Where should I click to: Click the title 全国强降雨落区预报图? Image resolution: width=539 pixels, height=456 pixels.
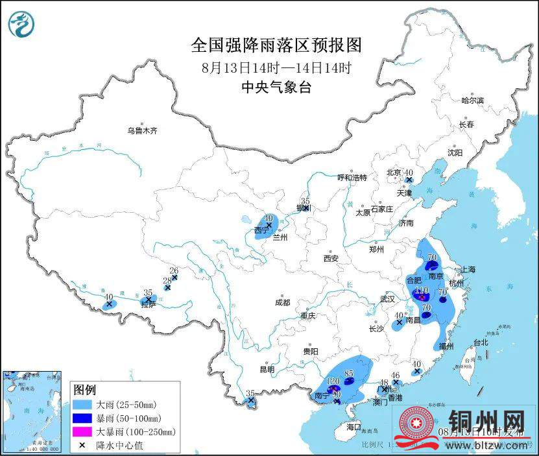[276, 45]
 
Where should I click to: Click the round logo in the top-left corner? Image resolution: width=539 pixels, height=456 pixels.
[21, 25]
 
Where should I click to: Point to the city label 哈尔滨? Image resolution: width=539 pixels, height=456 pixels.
[472, 101]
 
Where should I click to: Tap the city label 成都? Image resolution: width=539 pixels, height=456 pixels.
[282, 302]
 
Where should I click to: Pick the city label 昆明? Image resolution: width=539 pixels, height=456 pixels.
[267, 369]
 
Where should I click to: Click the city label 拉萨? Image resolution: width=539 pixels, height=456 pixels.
[149, 305]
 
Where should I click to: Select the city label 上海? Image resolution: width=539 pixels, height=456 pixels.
[468, 269]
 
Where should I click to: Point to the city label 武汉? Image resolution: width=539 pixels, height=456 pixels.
[388, 299]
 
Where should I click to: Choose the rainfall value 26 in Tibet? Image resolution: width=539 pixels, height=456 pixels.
[173, 270]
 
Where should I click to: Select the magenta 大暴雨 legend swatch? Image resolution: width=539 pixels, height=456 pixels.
[82, 431]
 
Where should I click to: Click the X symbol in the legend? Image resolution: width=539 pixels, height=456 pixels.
[82, 444]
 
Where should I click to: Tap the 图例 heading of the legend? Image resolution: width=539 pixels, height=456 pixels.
[84, 390]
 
